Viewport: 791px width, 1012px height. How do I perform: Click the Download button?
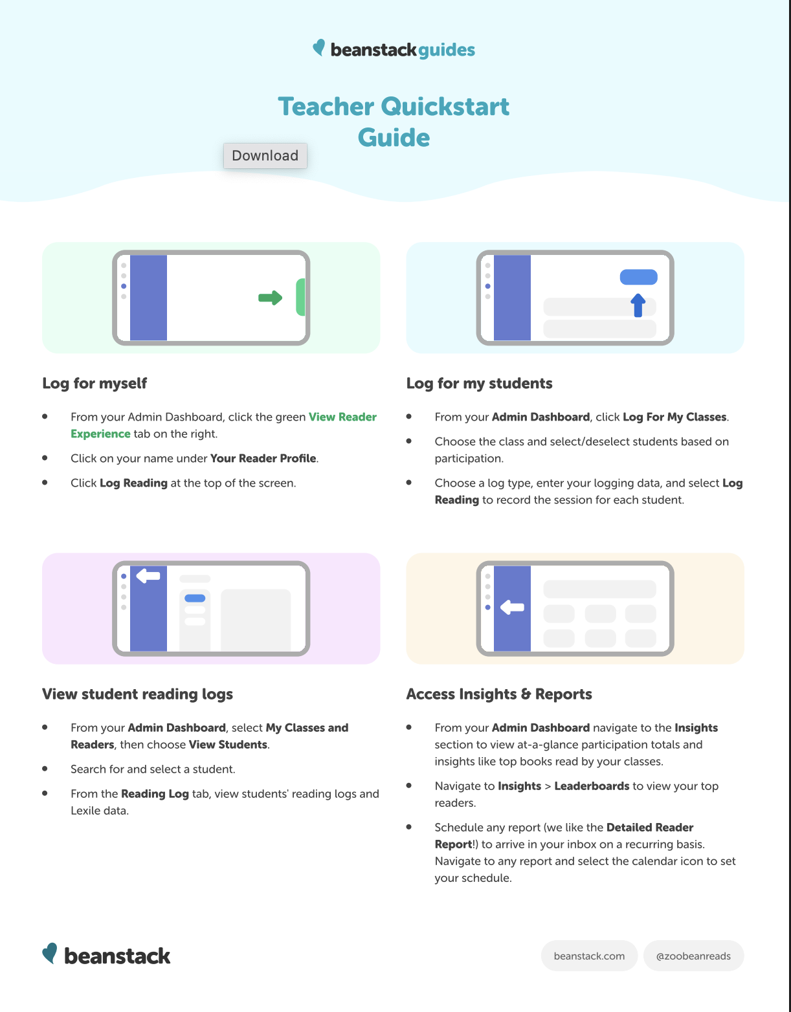[265, 156]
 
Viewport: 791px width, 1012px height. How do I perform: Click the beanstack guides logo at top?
[394, 49]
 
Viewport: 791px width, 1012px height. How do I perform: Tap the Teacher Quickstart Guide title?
[394, 122]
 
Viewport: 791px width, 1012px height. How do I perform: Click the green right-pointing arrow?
[270, 298]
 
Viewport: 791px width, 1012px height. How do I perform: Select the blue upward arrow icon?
[638, 305]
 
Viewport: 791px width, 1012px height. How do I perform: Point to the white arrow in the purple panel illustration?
[148, 575]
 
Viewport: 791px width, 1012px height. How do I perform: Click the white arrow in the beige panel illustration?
[512, 607]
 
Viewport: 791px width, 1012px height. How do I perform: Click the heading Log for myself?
[95, 383]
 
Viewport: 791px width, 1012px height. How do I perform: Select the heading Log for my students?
[479, 383]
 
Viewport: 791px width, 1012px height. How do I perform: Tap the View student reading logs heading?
[137, 694]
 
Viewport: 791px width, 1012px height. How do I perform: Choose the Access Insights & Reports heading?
[498, 694]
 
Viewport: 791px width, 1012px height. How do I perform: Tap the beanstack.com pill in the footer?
[589, 956]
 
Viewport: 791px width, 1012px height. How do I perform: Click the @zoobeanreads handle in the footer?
[693, 956]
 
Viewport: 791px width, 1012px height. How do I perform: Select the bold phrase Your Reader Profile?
[263, 458]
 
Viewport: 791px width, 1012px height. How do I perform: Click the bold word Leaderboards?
[591, 786]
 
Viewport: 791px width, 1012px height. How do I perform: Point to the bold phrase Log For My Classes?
[674, 417]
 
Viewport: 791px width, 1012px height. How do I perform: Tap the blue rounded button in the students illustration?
[638, 277]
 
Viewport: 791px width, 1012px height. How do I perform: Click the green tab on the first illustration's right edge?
[300, 297]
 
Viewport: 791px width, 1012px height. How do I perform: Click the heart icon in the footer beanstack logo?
[49, 952]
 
